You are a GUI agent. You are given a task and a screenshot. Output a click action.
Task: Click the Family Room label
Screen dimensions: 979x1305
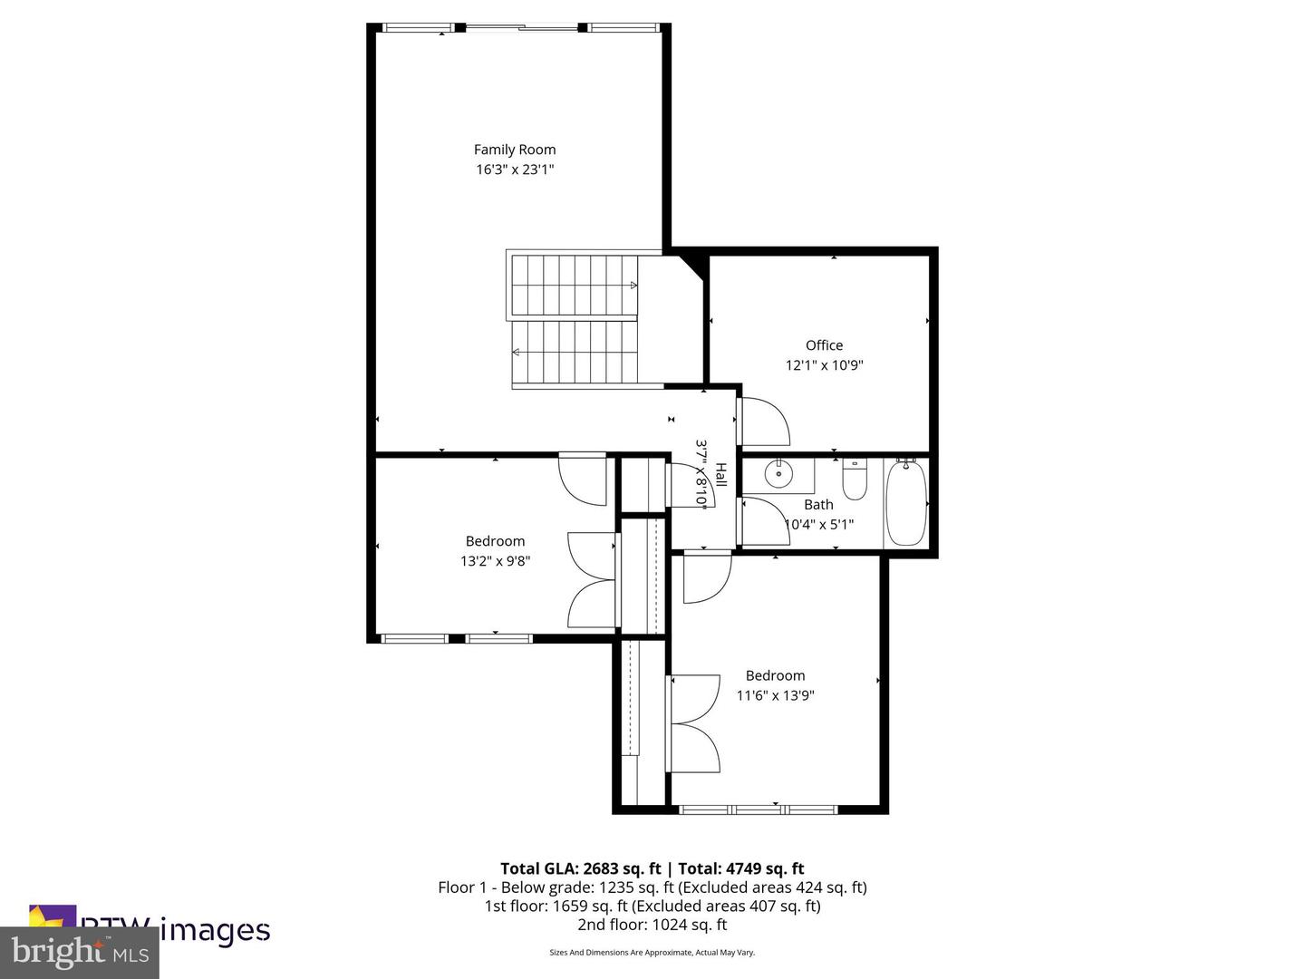515,150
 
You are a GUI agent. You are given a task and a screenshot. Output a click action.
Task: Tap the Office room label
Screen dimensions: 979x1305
824,345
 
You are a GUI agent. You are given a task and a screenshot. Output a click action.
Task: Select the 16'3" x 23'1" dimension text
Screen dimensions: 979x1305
515,170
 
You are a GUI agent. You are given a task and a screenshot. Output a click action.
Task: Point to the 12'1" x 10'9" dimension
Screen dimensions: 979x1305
824,365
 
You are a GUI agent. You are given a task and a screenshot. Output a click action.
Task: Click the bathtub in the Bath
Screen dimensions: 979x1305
906,503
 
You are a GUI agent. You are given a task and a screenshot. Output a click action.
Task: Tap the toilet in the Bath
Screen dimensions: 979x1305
855,480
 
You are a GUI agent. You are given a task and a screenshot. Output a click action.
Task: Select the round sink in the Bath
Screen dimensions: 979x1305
778,473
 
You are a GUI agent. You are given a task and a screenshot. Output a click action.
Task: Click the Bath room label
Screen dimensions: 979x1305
818,505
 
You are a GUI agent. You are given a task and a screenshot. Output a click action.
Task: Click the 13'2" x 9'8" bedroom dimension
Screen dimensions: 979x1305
495,561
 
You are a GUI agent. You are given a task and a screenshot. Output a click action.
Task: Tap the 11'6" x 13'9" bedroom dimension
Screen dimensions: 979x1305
775,695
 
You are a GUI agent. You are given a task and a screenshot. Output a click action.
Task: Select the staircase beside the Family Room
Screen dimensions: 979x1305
575,321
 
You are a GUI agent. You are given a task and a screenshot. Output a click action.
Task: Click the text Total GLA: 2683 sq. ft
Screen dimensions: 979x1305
581,868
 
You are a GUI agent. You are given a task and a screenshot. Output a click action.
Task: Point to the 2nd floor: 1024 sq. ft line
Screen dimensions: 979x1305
652,925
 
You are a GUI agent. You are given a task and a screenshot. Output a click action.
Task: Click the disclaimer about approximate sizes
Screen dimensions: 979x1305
652,953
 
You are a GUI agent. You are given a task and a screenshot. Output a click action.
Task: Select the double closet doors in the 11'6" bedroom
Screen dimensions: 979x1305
694,723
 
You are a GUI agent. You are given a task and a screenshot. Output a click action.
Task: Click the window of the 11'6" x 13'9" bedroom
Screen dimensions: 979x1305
759,809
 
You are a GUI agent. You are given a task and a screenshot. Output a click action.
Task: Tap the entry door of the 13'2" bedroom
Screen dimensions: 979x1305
583,479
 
